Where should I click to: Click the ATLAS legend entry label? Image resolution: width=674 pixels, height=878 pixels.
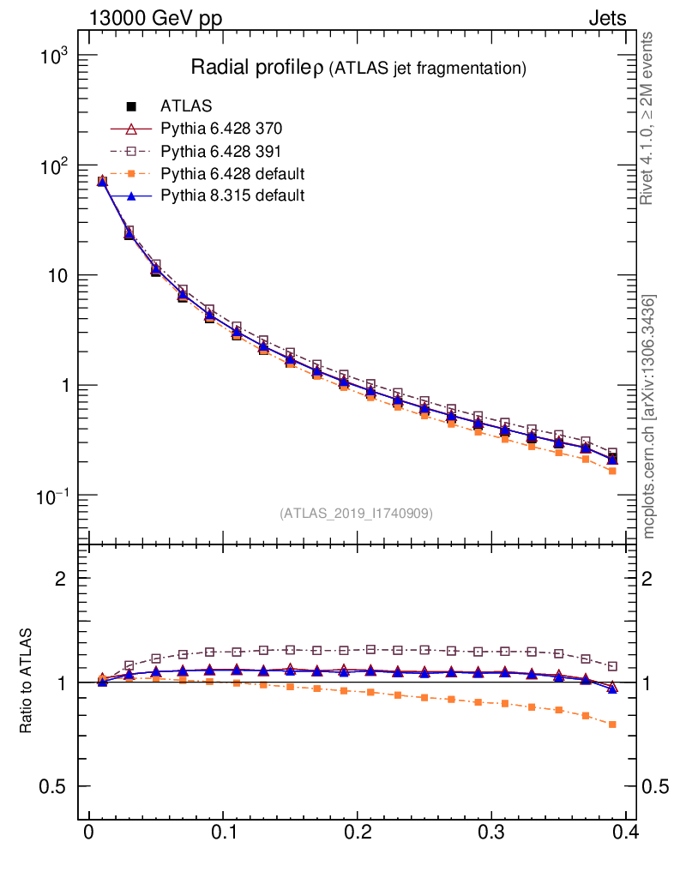[x=186, y=106]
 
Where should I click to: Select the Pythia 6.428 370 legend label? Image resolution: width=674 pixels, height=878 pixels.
[x=221, y=129]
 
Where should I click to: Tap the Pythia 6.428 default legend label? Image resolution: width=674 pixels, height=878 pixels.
[x=232, y=174]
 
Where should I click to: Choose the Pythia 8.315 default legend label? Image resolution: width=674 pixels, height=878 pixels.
[x=232, y=196]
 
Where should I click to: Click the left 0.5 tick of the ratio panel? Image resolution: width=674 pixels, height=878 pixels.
[x=56, y=787]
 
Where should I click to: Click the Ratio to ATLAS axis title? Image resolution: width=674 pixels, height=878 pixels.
[x=27, y=682]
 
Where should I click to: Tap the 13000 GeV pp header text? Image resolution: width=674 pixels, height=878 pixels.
[x=155, y=18]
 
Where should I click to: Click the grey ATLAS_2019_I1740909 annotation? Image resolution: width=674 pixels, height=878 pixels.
[x=356, y=514]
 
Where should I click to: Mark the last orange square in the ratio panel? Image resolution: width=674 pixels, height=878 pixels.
[x=612, y=725]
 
